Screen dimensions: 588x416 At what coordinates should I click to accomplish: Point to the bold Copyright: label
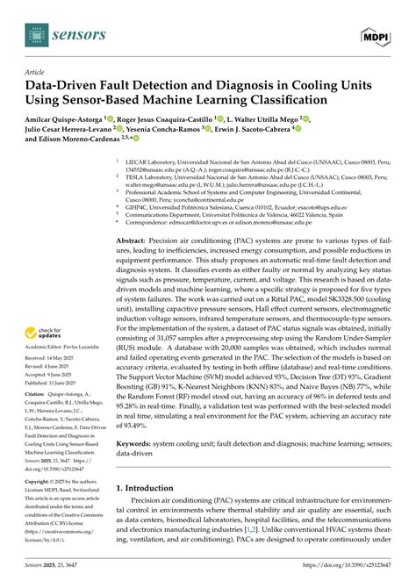(x=41, y=483)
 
